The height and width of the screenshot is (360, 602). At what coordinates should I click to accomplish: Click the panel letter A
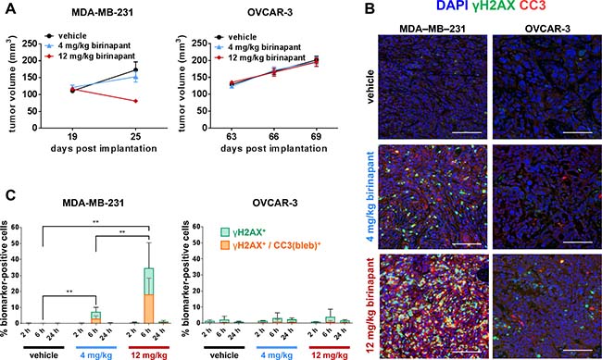coord(10,8)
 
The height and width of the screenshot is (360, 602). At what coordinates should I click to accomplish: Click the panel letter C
coord(10,195)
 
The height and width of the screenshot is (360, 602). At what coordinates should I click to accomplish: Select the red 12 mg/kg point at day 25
coord(136,101)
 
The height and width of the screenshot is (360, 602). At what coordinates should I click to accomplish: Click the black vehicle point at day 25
coord(135,69)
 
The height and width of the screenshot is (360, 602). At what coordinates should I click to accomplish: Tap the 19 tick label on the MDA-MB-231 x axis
coord(73,136)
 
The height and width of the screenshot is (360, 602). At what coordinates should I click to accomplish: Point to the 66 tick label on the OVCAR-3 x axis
coord(274,136)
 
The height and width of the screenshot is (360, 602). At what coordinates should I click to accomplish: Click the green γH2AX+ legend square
coord(225,231)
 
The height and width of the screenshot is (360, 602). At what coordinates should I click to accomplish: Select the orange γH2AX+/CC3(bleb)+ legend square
coord(225,245)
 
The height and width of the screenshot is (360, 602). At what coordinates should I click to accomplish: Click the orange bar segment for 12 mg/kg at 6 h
coord(148,308)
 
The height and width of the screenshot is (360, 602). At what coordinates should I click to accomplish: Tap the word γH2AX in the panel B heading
coord(495,6)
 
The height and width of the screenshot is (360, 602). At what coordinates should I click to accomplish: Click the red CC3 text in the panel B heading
coord(533,6)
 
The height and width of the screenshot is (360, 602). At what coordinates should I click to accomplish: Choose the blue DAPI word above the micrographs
coord(452,6)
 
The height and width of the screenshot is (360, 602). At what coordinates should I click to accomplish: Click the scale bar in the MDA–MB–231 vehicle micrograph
coord(467,132)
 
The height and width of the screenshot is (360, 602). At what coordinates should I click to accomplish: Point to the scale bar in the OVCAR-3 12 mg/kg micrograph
coord(577,350)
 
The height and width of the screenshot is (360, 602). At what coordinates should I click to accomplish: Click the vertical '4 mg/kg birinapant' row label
coord(371,196)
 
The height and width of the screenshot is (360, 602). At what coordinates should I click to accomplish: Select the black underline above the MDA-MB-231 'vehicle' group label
coord(44,347)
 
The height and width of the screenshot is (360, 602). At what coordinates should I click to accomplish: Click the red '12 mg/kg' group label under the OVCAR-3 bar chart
coord(330,355)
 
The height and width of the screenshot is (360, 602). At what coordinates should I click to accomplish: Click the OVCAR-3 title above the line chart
coord(270,12)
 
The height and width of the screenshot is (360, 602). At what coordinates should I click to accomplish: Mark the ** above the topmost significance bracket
coord(95,222)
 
